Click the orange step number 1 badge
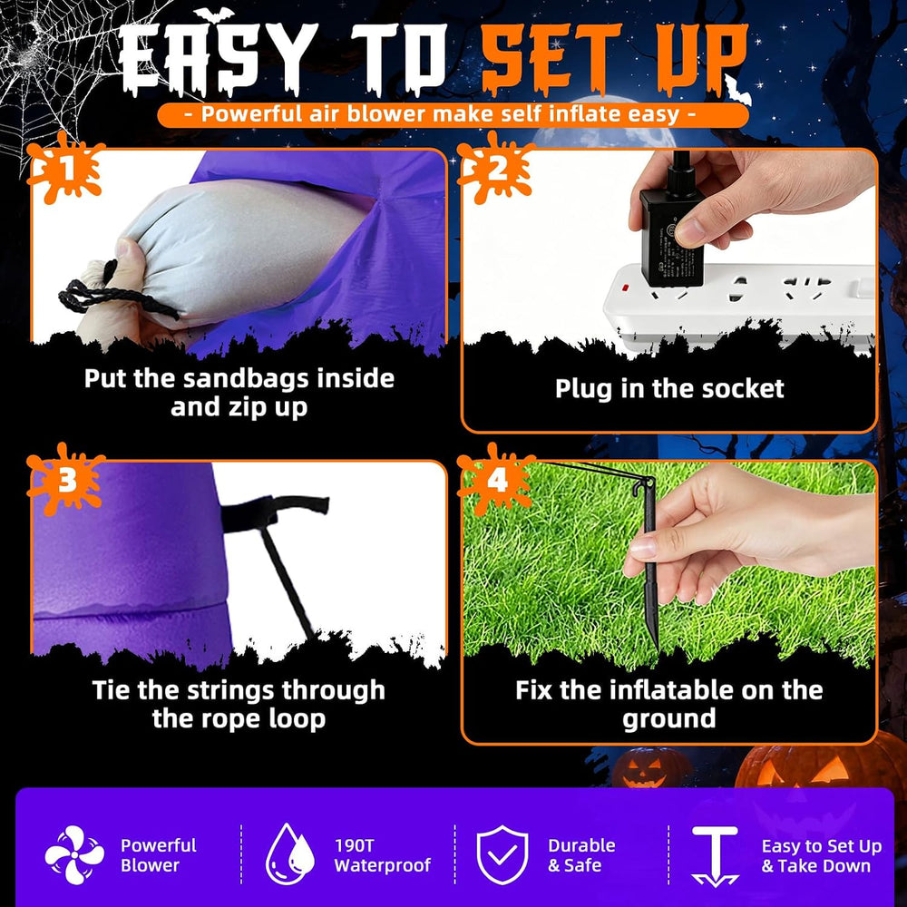66,169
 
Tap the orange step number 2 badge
496,169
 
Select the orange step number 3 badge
66,480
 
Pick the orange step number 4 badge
496,480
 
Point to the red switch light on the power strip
624,287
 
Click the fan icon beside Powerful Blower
74,855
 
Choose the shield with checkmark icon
502,854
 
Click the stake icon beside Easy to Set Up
715,856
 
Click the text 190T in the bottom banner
354,845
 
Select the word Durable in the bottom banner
581,845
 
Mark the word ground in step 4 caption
668,719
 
